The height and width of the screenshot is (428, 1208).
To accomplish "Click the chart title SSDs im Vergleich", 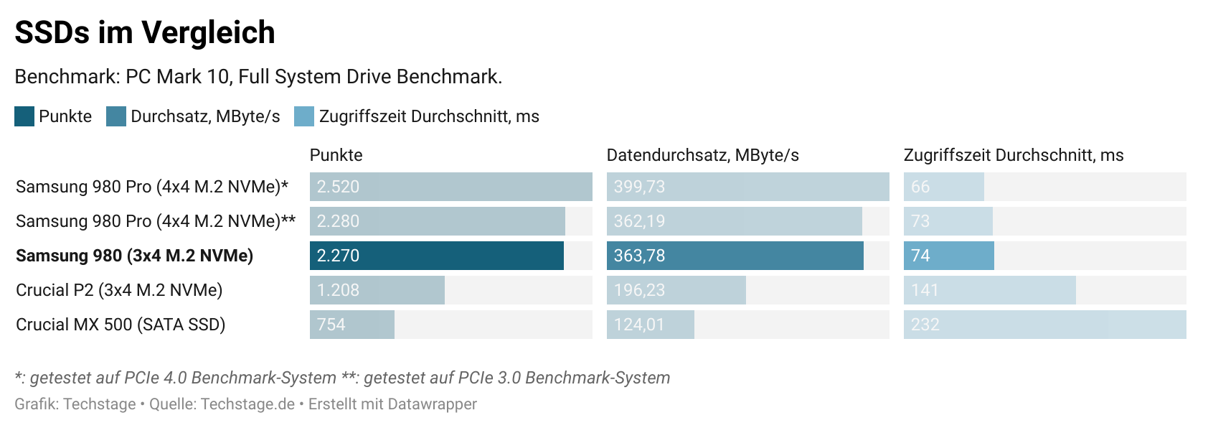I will tap(145, 32).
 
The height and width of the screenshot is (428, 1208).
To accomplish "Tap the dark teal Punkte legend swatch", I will tap(24, 116).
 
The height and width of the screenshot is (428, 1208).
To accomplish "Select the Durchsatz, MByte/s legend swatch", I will tap(116, 116).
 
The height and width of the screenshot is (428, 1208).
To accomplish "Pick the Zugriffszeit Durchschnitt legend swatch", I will tap(304, 116).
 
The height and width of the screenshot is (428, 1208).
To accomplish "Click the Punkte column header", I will tap(336, 155).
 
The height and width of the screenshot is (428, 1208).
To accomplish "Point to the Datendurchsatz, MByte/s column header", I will tap(702, 155).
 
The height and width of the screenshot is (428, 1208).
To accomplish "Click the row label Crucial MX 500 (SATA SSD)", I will tap(121, 325).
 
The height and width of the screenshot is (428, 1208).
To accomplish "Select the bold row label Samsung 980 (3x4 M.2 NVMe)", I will tap(134, 256).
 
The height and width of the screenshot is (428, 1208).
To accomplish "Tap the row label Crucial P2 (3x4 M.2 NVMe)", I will tap(119, 290).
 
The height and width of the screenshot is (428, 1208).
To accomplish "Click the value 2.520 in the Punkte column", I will tap(338, 187).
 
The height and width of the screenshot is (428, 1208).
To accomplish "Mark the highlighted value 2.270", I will tap(338, 256).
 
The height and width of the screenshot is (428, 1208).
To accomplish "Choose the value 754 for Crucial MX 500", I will tap(331, 325).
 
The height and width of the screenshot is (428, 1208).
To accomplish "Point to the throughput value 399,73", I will tap(639, 187).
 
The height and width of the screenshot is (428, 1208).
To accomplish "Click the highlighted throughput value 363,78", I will tap(639, 256).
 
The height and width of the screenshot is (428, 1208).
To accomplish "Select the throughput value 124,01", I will tap(639, 325).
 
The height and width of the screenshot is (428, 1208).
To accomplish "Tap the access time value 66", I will tap(920, 187).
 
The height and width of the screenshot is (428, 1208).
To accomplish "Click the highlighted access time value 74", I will tap(920, 256).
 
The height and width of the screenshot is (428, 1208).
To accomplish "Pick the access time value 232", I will tap(925, 325).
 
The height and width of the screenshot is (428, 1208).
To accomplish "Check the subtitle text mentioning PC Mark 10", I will tap(258, 77).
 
